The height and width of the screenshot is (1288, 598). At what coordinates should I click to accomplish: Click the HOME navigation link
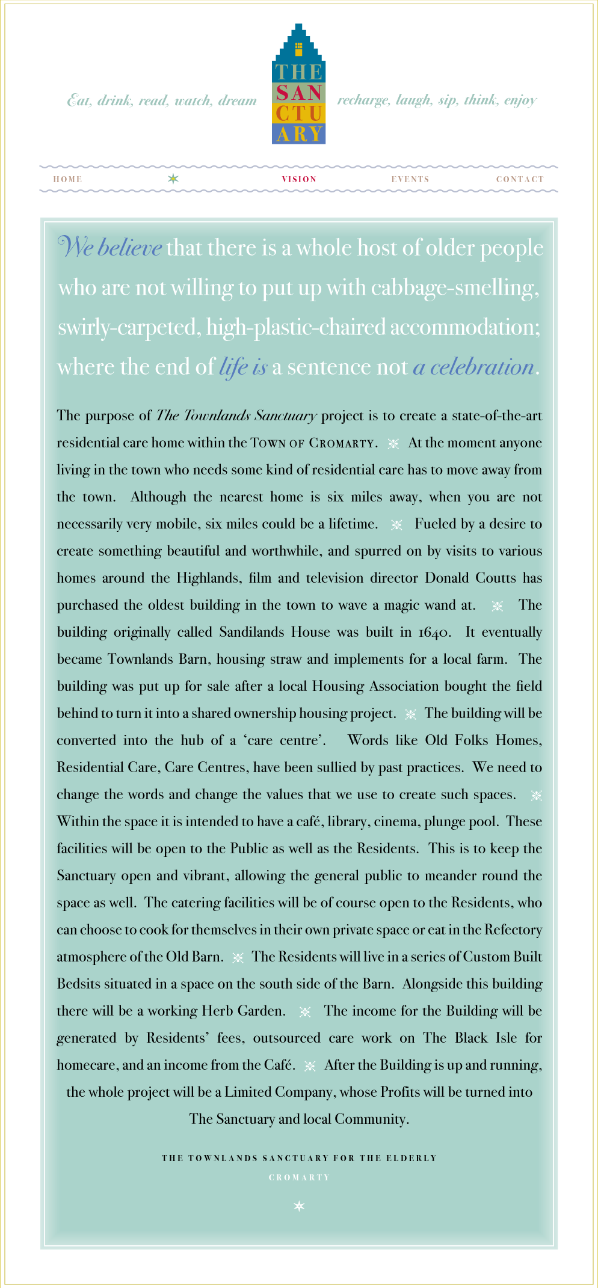click(x=67, y=179)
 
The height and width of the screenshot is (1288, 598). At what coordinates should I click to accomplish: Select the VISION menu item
click(x=299, y=179)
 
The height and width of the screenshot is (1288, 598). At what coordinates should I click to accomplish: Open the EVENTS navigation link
click(x=410, y=179)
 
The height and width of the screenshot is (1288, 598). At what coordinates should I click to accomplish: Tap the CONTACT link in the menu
click(x=520, y=179)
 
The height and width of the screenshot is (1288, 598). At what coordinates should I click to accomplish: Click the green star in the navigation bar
click(x=173, y=179)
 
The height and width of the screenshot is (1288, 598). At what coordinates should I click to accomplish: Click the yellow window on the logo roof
click(x=298, y=46)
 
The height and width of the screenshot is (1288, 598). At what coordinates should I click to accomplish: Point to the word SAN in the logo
click(x=299, y=93)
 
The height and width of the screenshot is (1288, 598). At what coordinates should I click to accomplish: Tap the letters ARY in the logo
click(x=299, y=133)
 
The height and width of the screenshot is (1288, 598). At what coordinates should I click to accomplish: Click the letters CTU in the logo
click(x=299, y=113)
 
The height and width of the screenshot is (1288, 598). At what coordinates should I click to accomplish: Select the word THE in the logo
click(x=299, y=72)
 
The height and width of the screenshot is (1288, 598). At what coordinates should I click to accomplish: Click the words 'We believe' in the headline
click(x=109, y=248)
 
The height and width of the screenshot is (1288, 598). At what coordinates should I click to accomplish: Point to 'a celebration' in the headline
click(x=473, y=367)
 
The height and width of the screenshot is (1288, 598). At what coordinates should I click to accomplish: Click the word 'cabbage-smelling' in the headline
click(x=455, y=288)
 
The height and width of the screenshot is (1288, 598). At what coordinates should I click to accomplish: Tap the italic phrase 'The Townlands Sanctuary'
click(x=236, y=416)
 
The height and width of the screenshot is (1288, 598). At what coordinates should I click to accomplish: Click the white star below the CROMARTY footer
click(x=299, y=1206)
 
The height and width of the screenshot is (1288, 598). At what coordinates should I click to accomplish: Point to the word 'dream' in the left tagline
click(x=238, y=100)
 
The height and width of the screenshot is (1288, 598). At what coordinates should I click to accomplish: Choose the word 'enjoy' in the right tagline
click(x=520, y=100)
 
